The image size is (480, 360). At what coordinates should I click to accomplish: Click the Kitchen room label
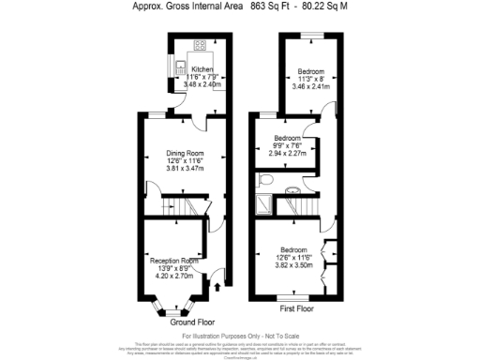click(x=203, y=70)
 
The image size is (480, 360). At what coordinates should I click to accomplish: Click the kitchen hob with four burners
click(x=201, y=45)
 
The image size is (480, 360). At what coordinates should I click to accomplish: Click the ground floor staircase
click(x=178, y=205)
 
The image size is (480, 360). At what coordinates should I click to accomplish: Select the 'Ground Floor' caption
click(x=189, y=321)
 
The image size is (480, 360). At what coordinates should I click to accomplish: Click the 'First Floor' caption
click(x=297, y=308)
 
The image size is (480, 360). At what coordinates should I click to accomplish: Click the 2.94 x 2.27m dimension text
click(x=287, y=153)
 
